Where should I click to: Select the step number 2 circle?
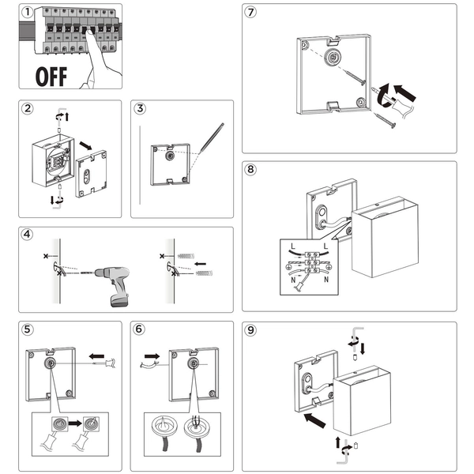(28, 109)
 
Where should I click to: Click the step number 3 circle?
(140, 109)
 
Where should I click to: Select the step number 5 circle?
(28, 329)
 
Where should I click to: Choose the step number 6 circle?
(140, 329)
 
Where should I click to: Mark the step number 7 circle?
(250, 13)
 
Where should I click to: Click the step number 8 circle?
(250, 170)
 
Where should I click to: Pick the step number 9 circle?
(250, 329)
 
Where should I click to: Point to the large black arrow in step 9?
(315, 419)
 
